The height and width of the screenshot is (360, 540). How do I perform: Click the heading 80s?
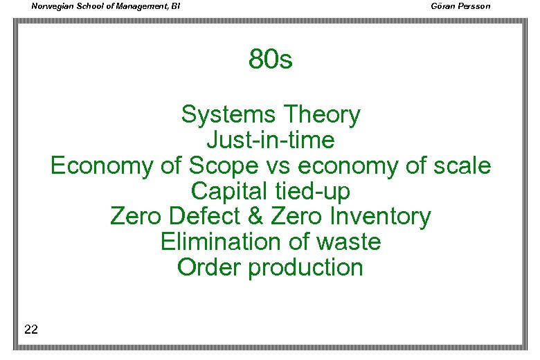(271, 60)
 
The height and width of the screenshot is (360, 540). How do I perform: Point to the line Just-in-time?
(271, 141)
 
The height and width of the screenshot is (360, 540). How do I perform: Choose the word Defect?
(196, 217)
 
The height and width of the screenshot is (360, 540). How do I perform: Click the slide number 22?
(30, 329)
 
